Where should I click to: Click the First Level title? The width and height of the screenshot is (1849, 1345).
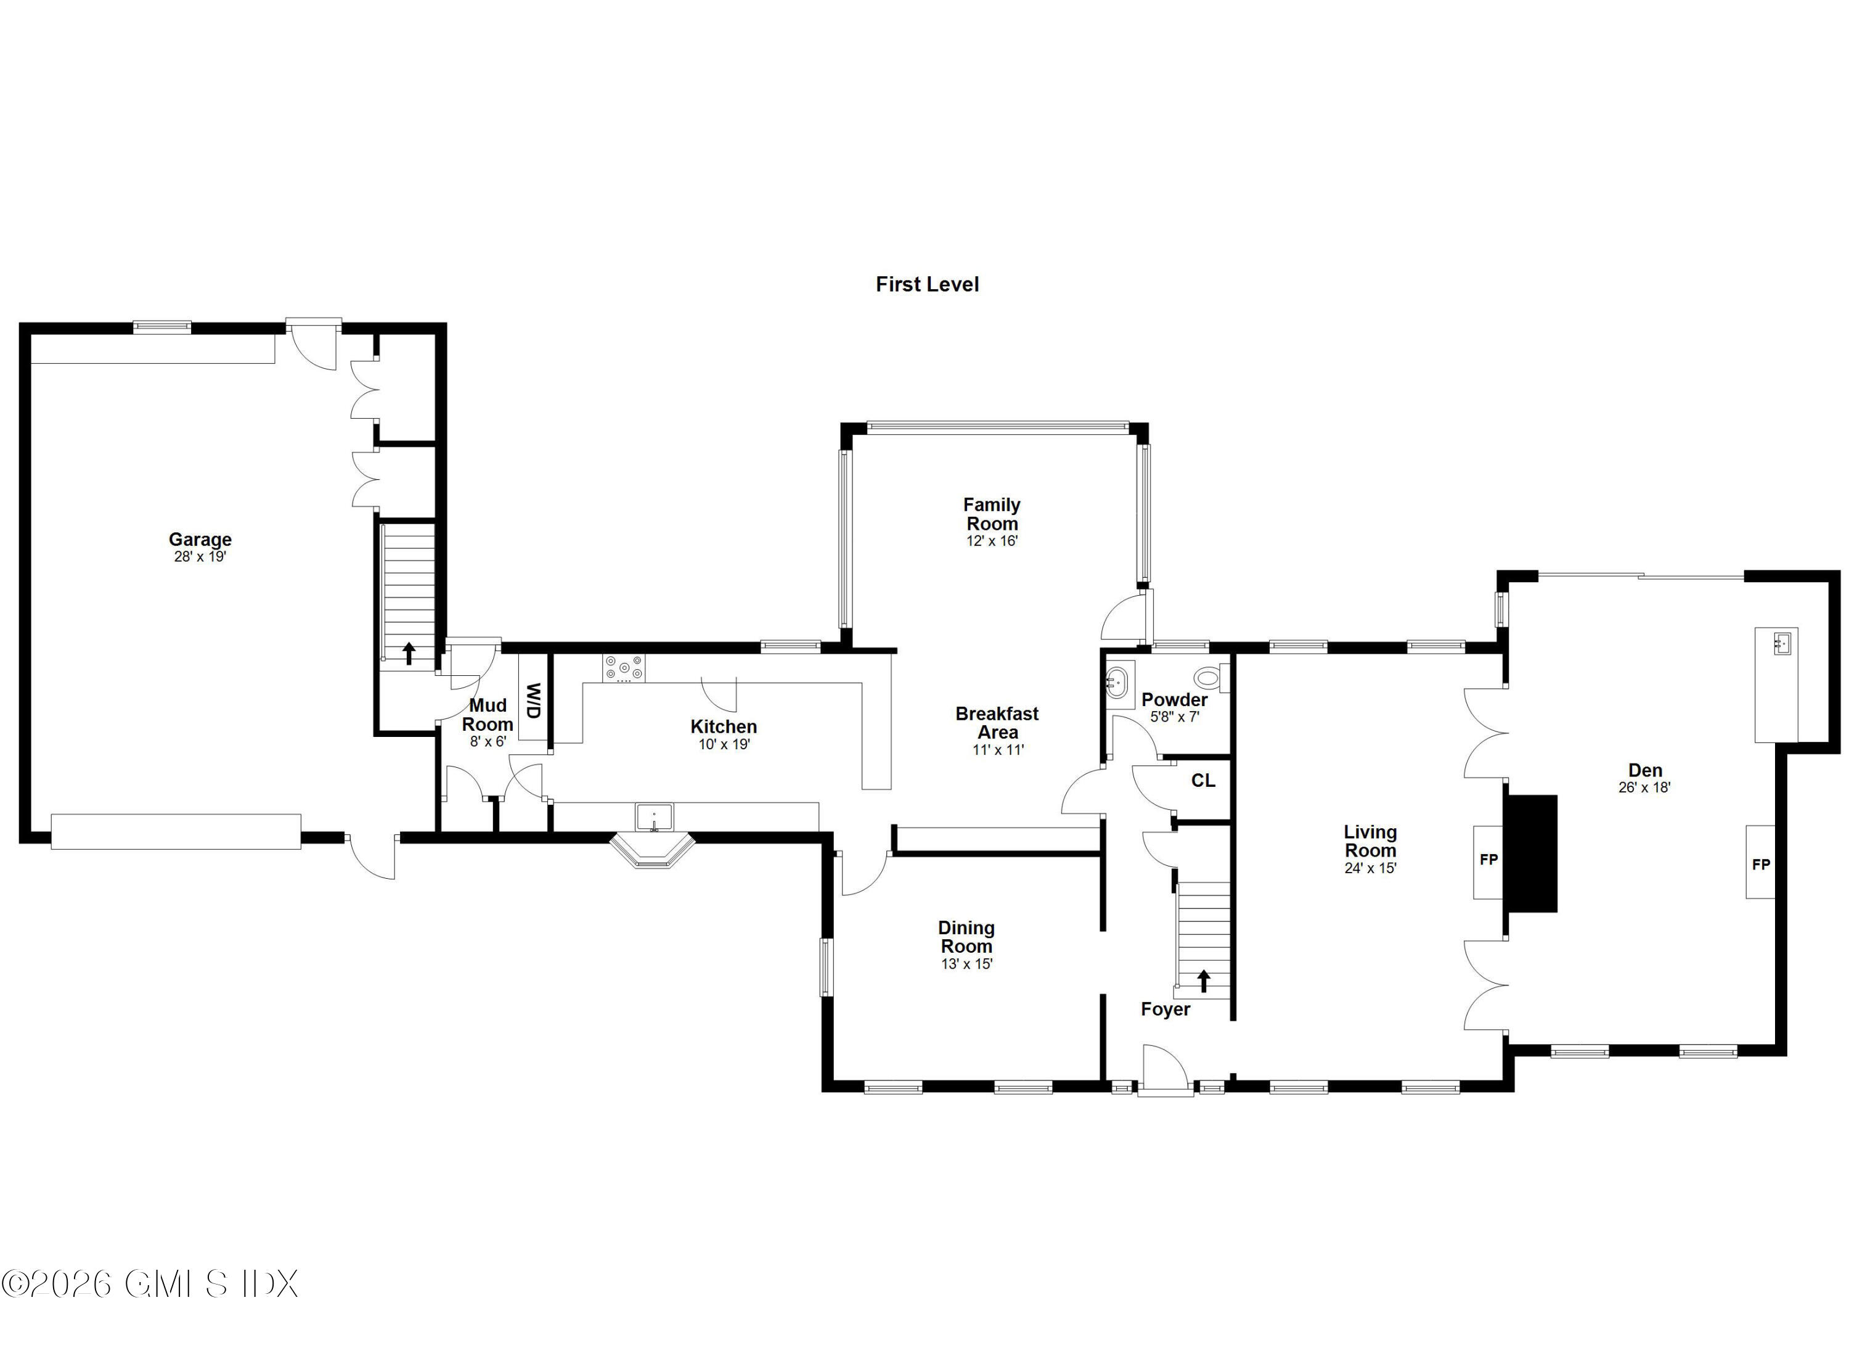coord(927,284)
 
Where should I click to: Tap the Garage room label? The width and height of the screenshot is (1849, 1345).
coord(200,539)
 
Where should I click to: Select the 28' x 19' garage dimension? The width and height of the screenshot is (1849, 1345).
coord(200,556)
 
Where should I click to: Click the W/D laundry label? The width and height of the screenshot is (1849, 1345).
coord(533,700)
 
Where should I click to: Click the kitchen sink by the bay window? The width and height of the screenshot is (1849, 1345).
coord(654,816)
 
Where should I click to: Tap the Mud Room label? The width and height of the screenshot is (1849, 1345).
coord(488,715)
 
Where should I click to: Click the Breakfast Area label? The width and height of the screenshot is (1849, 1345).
coord(997,723)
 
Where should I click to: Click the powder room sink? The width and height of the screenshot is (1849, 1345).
coord(1117,680)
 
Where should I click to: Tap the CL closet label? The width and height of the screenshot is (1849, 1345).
coord(1202,781)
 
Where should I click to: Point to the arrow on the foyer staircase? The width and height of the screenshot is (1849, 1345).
coord(1203,981)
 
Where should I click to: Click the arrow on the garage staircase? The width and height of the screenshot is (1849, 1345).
coord(409,653)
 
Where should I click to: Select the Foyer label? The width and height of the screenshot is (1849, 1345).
coord(1165,1009)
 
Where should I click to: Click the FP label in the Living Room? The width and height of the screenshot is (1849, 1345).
coord(1488,859)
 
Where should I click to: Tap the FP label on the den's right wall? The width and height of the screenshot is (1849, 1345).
coord(1761,864)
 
